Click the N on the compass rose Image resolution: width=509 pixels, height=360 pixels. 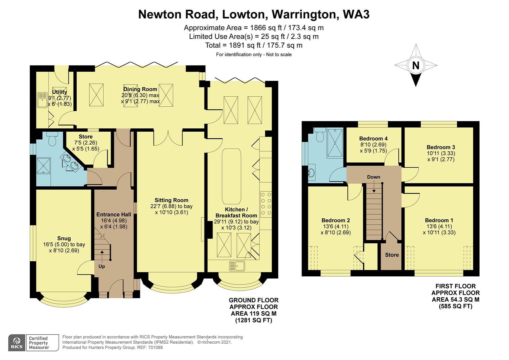click(x=415, y=65)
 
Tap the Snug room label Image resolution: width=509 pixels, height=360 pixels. click(x=64, y=238)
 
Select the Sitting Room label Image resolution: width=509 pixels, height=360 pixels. click(x=171, y=200)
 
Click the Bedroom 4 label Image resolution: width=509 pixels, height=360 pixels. click(x=373, y=139)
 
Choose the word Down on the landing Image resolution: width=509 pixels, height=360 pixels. click(x=373, y=177)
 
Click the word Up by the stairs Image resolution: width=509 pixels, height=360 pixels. click(x=102, y=266)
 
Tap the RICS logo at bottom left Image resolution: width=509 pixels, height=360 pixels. click(x=17, y=343)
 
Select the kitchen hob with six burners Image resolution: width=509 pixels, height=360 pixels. click(x=265, y=204)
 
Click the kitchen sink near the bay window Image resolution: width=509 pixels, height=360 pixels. click(x=237, y=266)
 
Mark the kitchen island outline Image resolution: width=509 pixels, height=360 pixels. click(x=231, y=176)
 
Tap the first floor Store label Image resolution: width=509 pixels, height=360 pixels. click(x=392, y=255)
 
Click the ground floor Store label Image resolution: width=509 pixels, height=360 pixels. click(x=86, y=137)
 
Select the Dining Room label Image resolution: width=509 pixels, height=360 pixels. click(x=140, y=89)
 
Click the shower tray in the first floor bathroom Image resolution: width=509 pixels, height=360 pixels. click(x=334, y=143)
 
